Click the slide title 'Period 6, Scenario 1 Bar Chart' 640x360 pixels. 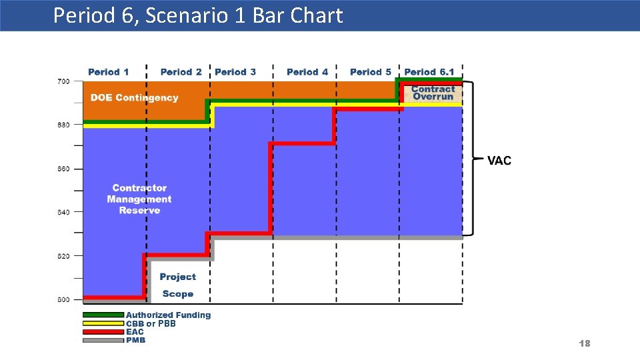tap(198, 15)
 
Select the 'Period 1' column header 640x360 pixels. tap(108, 72)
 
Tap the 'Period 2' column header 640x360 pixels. tap(181, 72)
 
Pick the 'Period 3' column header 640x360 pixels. tap(235, 72)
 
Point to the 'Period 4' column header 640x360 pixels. tap(307, 72)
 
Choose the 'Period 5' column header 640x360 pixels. tap(371, 72)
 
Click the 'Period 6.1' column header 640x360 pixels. tap(429, 72)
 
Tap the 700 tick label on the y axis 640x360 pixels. tap(63, 81)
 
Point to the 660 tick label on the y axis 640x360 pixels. tap(63, 169)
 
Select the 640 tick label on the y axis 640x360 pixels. tap(63, 213)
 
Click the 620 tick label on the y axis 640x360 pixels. tap(63, 256)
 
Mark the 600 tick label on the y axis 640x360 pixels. tap(63, 300)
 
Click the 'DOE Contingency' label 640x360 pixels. tap(135, 98)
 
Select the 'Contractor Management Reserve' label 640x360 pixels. tap(139, 199)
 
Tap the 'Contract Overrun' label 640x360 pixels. tap(433, 93)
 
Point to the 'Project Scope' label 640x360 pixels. tap(178, 285)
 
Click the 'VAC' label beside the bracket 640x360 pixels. tap(499, 161)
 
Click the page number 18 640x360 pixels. tap(585, 343)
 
